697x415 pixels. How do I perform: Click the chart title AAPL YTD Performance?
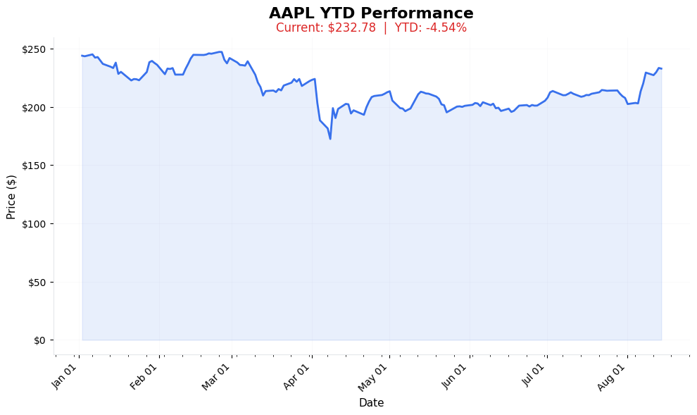pos(371,13)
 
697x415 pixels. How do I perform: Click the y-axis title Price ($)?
pos(11,197)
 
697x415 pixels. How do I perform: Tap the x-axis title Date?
pos(371,403)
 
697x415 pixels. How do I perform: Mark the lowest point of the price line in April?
pos(330,139)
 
